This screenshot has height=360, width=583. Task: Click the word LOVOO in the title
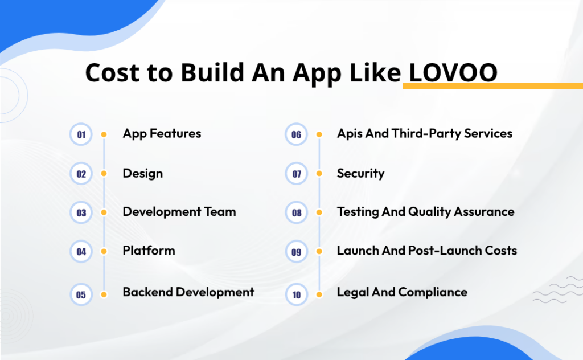pos(453,73)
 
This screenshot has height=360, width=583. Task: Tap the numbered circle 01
pos(81,135)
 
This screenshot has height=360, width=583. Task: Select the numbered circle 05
pos(81,294)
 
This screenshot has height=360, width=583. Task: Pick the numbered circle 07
pos(297,174)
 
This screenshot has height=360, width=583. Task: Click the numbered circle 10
pos(297,294)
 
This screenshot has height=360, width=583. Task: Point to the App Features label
pos(162,134)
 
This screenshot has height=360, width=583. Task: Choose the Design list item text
pos(142,174)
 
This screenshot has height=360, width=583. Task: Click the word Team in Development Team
pos(220,212)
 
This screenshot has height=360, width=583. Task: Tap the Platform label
pos(149,251)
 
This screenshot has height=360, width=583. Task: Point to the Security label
pos(360,174)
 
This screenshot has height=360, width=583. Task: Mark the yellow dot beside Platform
pos(104,251)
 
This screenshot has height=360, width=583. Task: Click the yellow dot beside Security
pos(319,174)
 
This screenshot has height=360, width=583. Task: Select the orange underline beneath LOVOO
pos(492,86)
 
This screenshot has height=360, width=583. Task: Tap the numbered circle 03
pos(81,212)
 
